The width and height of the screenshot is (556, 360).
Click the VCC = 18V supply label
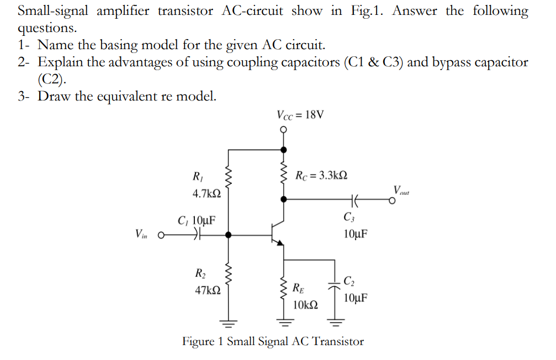(x=300, y=115)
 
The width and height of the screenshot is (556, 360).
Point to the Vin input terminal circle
(x=162, y=235)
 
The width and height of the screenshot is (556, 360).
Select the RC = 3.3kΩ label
(x=321, y=176)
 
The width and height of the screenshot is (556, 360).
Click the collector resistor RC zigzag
(x=284, y=174)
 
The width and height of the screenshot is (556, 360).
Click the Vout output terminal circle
(x=391, y=201)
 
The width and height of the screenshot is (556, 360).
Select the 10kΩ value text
(x=305, y=305)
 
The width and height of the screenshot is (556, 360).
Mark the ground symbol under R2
(x=228, y=322)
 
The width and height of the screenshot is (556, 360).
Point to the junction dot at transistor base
(x=228, y=235)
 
